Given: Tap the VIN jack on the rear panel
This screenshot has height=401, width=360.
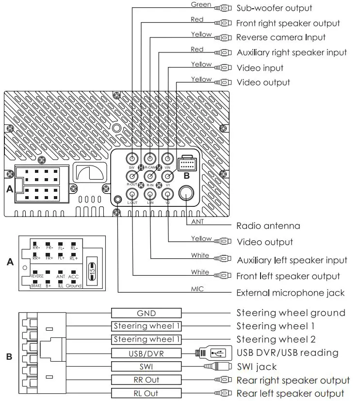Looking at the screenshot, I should point(167,158).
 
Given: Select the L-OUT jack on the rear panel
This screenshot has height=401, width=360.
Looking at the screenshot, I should point(132,194).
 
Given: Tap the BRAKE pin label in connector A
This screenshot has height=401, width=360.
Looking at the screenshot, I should point(36,286).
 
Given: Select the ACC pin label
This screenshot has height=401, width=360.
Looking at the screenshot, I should point(73,276).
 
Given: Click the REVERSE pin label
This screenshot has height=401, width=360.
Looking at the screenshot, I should point(37,276).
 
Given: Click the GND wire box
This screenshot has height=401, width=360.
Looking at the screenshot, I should point(146,313).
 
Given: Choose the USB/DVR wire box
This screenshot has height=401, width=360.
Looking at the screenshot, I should point(146,353).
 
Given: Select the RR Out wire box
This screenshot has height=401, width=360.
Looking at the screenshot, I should point(146,380).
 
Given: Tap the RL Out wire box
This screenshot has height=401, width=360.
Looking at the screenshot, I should point(146,393).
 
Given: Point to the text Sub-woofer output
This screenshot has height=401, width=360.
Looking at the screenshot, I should point(274,8).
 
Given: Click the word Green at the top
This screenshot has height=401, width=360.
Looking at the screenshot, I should point(200,5).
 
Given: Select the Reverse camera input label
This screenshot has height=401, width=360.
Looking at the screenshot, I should point(281,37).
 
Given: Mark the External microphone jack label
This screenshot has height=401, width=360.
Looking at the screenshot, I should point(290,293).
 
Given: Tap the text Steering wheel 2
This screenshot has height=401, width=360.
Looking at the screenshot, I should point(276,339).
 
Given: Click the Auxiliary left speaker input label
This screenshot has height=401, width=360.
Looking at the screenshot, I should point(292,260).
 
